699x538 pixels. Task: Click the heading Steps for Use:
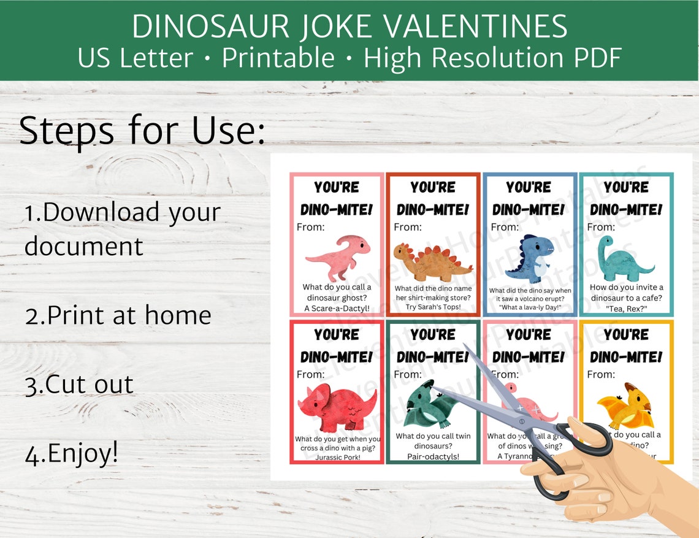142,131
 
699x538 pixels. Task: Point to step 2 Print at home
118,315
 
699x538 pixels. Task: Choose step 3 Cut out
79,384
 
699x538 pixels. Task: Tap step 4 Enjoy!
71,453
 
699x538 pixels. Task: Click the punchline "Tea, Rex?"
626,309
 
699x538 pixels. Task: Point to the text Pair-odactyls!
433,456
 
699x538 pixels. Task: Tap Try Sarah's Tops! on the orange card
433,307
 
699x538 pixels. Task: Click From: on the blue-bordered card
504,227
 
